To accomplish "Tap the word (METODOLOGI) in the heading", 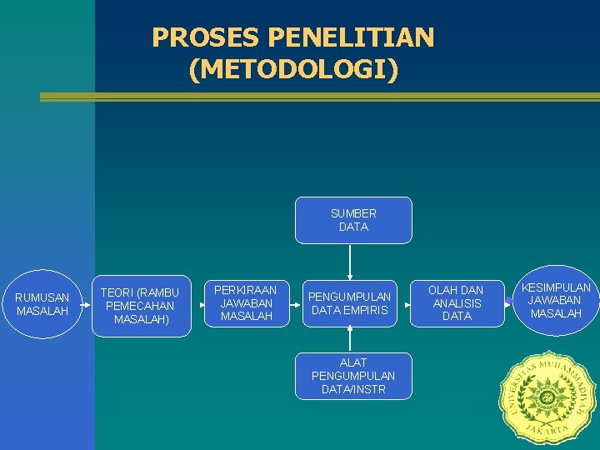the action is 294,68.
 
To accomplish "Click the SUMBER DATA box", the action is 353,220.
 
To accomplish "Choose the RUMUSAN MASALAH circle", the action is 42,304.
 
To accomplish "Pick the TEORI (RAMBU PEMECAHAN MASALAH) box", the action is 140,306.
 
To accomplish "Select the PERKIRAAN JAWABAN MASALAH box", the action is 246,303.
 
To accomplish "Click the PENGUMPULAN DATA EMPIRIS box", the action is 350,303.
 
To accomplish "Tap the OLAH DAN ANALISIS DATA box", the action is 457,303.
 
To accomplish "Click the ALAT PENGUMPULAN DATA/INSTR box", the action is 353,376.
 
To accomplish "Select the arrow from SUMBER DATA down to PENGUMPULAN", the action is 350,262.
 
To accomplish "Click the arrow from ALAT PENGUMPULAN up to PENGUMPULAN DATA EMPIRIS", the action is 350,338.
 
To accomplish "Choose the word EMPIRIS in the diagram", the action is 368,310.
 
